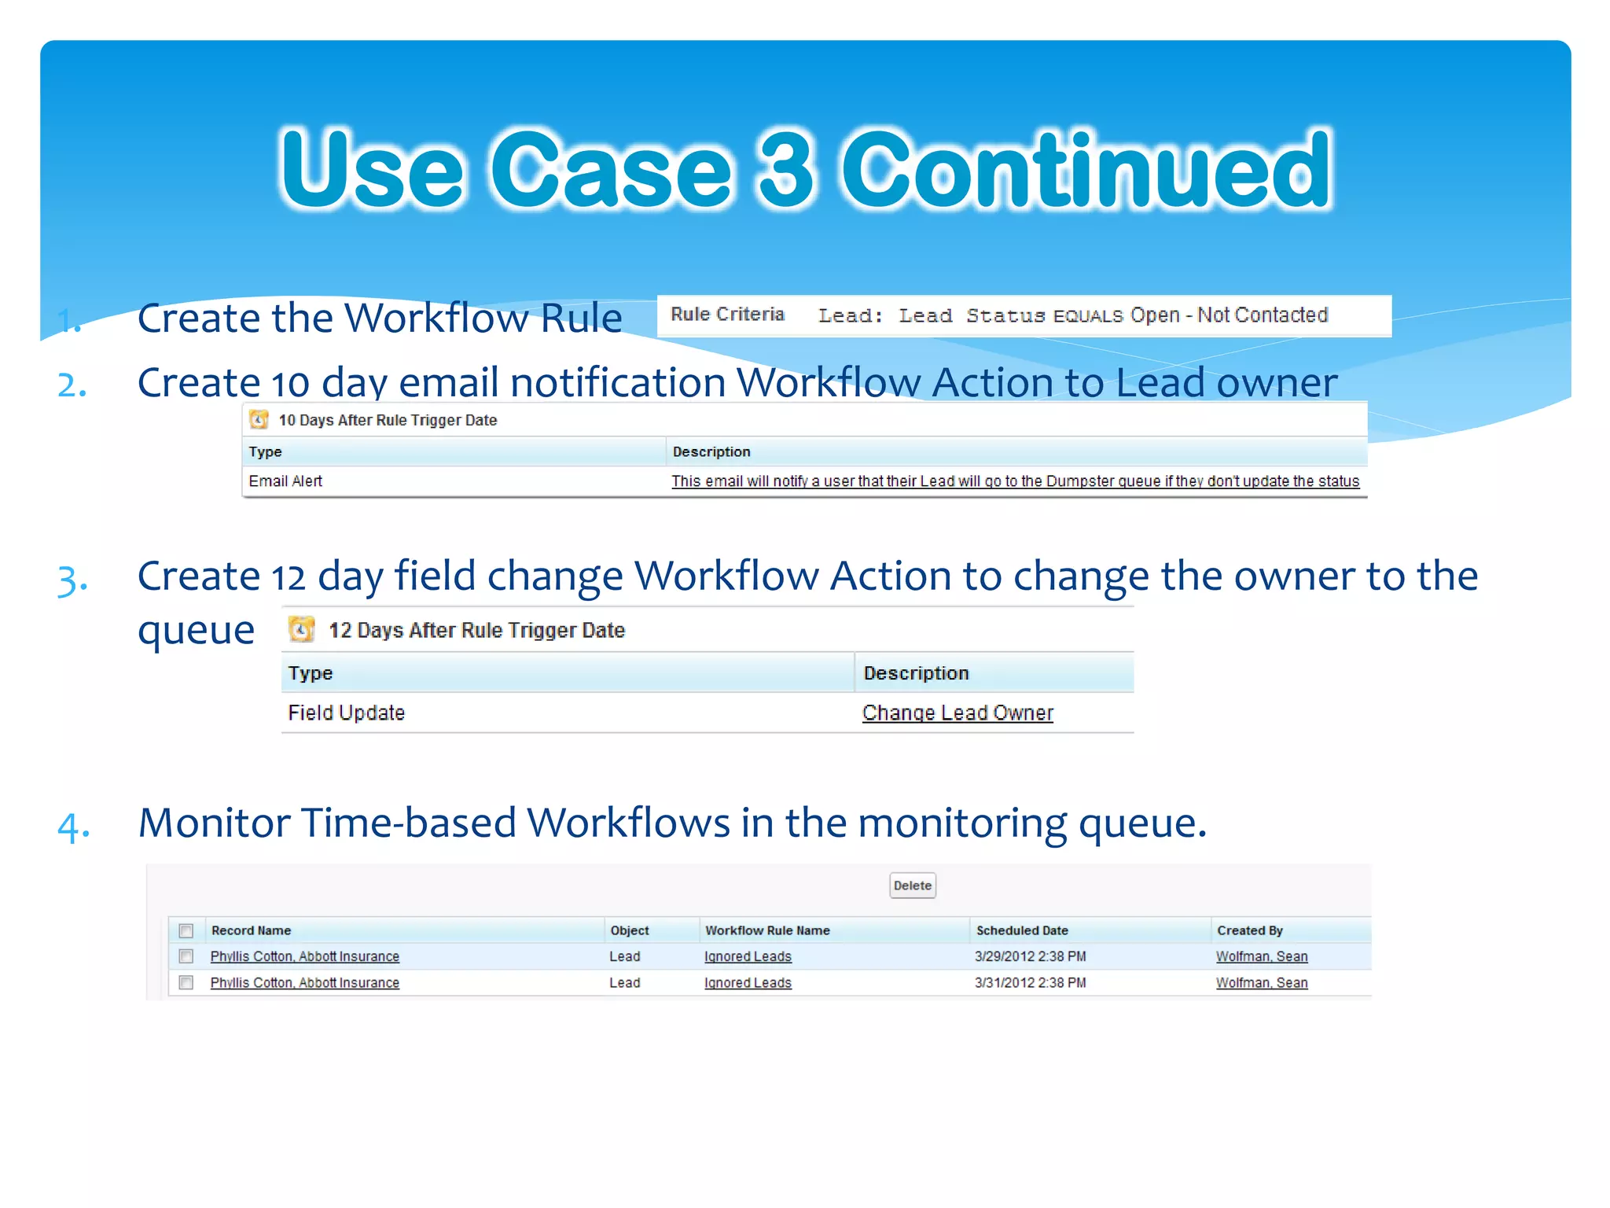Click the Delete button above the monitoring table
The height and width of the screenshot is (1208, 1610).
[x=912, y=886]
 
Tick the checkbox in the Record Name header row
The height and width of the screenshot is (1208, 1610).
[x=186, y=931]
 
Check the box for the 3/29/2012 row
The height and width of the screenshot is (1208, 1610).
[x=186, y=956]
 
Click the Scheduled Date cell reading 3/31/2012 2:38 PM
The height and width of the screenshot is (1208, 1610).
[x=1030, y=983]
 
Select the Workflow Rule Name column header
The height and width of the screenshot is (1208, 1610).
[x=767, y=930]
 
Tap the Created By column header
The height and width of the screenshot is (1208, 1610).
[x=1249, y=930]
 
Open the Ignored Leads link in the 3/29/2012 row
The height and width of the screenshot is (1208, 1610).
[x=748, y=957]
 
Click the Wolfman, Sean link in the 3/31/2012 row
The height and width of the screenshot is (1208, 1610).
[x=1261, y=983]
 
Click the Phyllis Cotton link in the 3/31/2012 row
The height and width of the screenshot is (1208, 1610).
[x=304, y=983]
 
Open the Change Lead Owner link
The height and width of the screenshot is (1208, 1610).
[x=957, y=713]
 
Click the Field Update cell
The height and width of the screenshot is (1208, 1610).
[x=346, y=713]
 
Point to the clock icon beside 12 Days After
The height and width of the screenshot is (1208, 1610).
[x=301, y=629]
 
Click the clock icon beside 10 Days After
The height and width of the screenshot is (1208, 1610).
[x=259, y=420]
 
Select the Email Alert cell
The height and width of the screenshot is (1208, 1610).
[x=285, y=481]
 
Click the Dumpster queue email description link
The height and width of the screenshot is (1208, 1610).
[x=1014, y=481]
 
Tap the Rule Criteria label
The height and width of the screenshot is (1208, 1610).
[x=727, y=315]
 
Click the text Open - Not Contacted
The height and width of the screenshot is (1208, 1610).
[x=1229, y=315]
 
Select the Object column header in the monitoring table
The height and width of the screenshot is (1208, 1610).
[x=629, y=930]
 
